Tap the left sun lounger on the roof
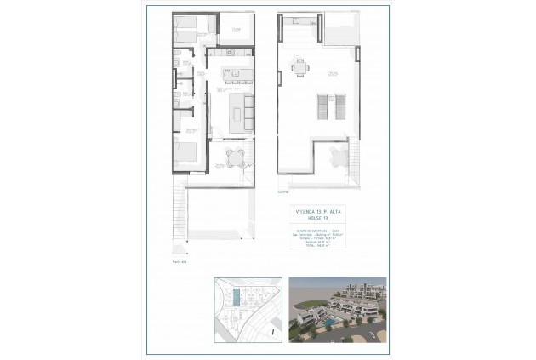[x=322, y=106]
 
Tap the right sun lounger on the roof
[x=338, y=106]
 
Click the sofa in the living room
[x=248, y=109]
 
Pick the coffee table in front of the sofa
[x=236, y=110]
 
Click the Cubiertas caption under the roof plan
[x=283, y=181]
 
